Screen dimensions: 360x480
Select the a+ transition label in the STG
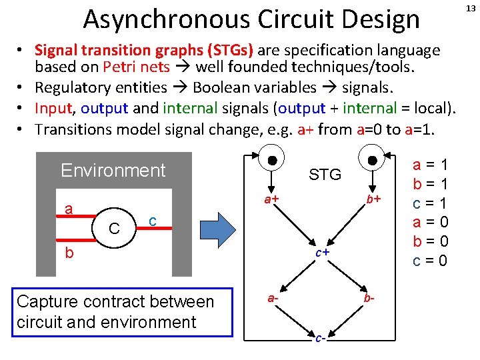pyautogui.click(x=270, y=199)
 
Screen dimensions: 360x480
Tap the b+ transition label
pyautogui.click(x=373, y=199)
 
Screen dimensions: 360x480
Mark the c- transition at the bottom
pyautogui.click(x=320, y=338)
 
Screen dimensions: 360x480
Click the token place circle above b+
pyautogui.click(x=372, y=161)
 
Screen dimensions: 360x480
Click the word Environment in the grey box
pyautogui.click(x=113, y=170)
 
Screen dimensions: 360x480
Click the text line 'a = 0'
pyautogui.click(x=431, y=222)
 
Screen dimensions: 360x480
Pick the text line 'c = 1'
pyautogui.click(x=431, y=203)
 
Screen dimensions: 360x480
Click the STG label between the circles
pyautogui.click(x=325, y=175)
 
